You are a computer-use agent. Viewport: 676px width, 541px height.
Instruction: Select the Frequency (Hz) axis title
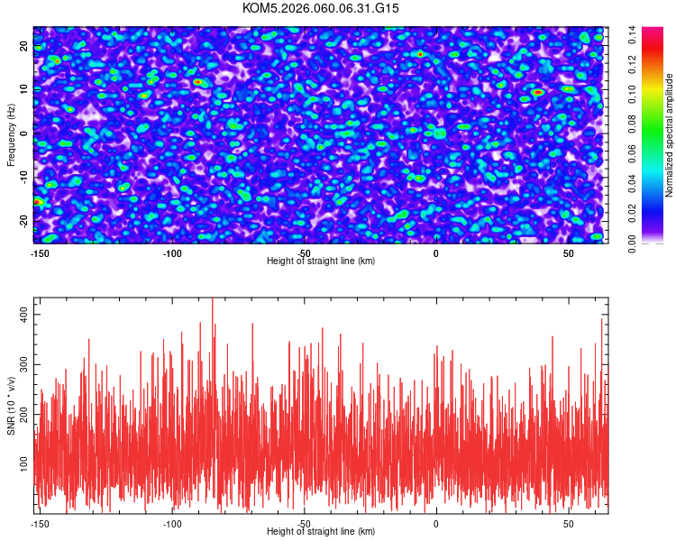point(12,134)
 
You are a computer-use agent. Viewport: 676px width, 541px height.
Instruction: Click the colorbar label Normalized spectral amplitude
point(670,134)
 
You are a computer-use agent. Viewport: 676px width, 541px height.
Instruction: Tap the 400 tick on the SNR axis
point(23,311)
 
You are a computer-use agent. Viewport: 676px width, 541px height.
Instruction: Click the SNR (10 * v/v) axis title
point(12,406)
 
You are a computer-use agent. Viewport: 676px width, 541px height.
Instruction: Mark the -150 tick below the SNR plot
point(41,523)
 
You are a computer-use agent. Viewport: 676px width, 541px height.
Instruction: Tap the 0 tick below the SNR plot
point(436,523)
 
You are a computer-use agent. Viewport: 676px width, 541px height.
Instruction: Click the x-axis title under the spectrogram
point(321,261)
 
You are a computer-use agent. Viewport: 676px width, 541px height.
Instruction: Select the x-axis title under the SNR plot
point(321,532)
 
